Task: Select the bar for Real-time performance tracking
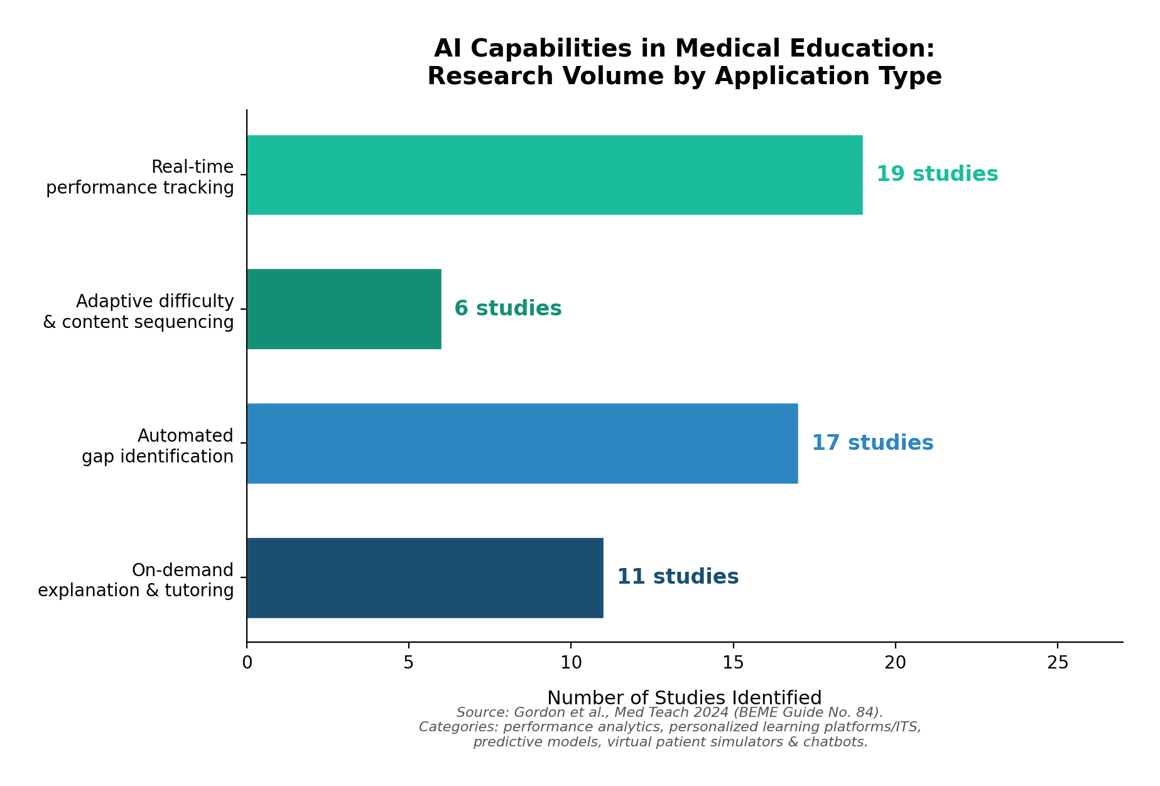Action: click(x=554, y=175)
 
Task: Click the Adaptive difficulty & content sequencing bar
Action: click(x=344, y=309)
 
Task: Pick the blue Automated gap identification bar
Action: click(x=522, y=444)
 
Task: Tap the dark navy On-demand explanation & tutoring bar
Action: click(x=425, y=578)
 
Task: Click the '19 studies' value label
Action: click(x=936, y=175)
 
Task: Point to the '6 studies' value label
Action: click(x=507, y=309)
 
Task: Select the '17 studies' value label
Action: click(x=872, y=444)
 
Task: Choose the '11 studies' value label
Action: click(x=677, y=577)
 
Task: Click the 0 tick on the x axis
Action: click(x=247, y=663)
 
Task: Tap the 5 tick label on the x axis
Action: click(x=409, y=663)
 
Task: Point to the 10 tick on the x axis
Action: click(x=571, y=663)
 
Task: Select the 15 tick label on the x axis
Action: click(x=733, y=663)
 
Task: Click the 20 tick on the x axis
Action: click(x=895, y=663)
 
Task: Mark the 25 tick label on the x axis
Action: click(x=1058, y=663)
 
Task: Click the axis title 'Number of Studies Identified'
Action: click(x=684, y=698)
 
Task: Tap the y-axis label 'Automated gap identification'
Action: click(x=157, y=446)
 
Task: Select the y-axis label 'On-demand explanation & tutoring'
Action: click(x=136, y=581)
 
